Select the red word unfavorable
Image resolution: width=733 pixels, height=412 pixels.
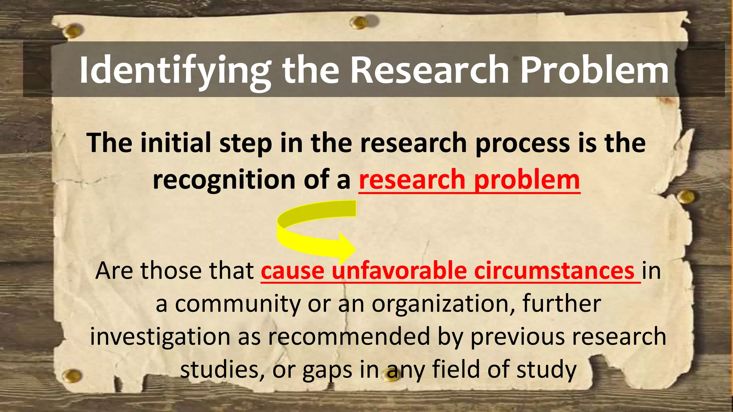point(399,271)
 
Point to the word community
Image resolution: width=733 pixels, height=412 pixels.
point(238,304)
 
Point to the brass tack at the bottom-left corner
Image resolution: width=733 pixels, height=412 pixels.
point(72,376)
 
